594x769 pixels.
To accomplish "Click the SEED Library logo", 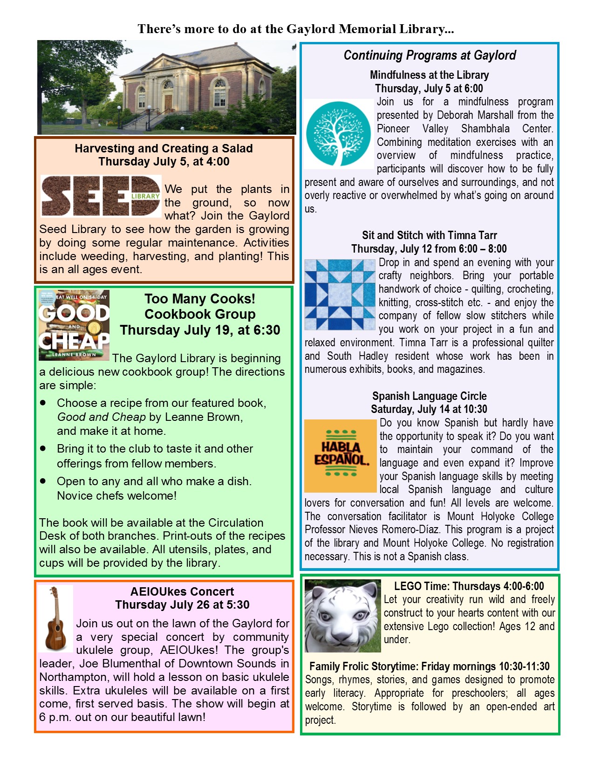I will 101,196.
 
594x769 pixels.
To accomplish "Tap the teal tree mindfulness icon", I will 338,134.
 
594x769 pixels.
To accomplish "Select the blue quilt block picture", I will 340,295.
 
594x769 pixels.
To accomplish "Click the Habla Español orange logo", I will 340,456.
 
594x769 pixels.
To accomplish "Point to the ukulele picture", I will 56,618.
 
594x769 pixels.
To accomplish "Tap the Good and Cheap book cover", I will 74,325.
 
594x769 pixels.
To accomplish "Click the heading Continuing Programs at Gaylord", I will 430,55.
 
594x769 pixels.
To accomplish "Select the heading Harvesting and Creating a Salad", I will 164,148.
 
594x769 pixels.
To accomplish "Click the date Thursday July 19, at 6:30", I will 200,330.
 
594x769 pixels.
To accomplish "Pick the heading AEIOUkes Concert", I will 182,591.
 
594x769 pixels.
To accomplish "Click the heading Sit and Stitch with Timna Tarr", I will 429,235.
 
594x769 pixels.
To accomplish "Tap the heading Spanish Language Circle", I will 429,396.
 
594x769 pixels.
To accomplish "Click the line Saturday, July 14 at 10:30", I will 429,409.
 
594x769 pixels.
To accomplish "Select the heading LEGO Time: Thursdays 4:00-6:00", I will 469,586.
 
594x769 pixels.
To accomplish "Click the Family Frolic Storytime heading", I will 429,666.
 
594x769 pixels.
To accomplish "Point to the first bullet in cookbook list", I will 43,402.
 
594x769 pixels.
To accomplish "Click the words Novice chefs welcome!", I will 116,495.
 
